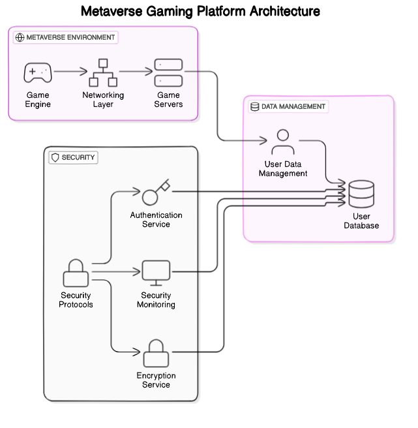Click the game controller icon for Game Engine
click(x=38, y=73)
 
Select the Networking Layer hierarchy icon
click(x=102, y=73)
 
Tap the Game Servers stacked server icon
click(x=168, y=73)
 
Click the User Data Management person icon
click(x=282, y=142)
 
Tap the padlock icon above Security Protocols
click(x=76, y=273)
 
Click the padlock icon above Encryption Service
click(x=156, y=353)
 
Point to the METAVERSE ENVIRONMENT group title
click(x=70, y=37)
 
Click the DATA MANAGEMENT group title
click(x=293, y=106)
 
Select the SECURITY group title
click(x=78, y=157)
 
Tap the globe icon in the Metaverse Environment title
click(x=20, y=37)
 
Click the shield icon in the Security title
click(x=55, y=157)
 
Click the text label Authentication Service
click(x=156, y=220)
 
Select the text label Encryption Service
click(x=156, y=380)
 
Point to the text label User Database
click(x=361, y=221)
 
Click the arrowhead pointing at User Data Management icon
click(x=265, y=140)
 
